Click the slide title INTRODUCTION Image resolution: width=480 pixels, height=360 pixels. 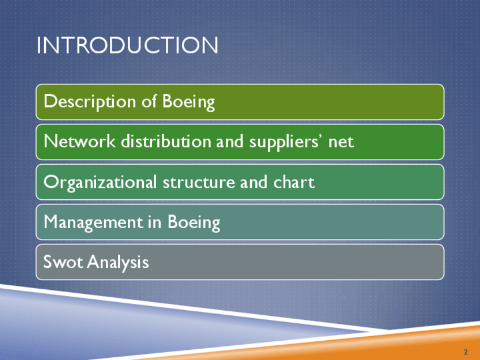pyautogui.click(x=127, y=45)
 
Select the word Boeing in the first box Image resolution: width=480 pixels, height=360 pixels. pyautogui.click(x=188, y=102)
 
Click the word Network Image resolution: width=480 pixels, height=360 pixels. pyautogui.click(x=80, y=142)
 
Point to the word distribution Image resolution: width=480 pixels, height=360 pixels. pyautogui.click(x=166, y=142)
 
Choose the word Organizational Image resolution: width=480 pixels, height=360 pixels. pyautogui.click(x=100, y=182)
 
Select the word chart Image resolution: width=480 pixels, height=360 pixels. pyautogui.click(x=294, y=182)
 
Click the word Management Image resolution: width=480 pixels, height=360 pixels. pyautogui.click(x=93, y=222)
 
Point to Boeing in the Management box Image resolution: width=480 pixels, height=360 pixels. pyautogui.click(x=194, y=222)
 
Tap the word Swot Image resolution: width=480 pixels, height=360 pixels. pyautogui.click(x=63, y=262)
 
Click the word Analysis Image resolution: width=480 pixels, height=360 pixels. pyautogui.click(x=118, y=263)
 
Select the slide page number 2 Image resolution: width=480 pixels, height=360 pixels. pyautogui.click(x=466, y=352)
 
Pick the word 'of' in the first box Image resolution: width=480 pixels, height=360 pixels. pyautogui.click(x=149, y=101)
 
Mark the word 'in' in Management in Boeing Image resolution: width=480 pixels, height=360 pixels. pyautogui.click(x=155, y=222)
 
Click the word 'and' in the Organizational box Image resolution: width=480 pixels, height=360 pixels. pyautogui.click(x=254, y=182)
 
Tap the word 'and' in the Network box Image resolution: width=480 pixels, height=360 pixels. pyautogui.click(x=230, y=142)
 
